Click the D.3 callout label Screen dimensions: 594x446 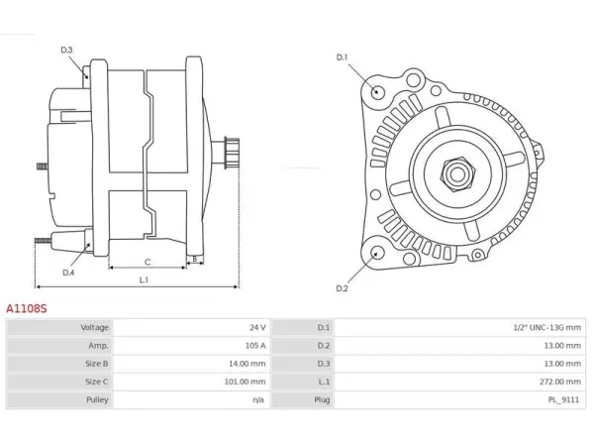pyautogui.click(x=66, y=51)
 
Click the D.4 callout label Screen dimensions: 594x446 pyautogui.click(x=68, y=273)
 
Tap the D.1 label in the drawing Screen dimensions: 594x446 pyautogui.click(x=342, y=57)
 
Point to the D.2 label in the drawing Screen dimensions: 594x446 pyautogui.click(x=342, y=288)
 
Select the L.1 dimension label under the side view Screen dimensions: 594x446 pyautogui.click(x=144, y=279)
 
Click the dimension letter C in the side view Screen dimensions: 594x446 pyautogui.click(x=148, y=262)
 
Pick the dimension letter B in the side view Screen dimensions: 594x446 pyautogui.click(x=195, y=260)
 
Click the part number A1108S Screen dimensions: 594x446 pyautogui.click(x=27, y=308)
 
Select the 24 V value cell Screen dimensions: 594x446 pyautogui.click(x=257, y=328)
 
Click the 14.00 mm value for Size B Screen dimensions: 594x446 pyautogui.click(x=247, y=364)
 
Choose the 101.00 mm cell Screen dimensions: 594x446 pyautogui.click(x=246, y=382)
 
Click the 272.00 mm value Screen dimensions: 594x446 pyautogui.click(x=560, y=382)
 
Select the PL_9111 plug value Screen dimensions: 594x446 pyautogui.click(x=563, y=399)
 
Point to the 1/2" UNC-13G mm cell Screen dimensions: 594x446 pyautogui.click(x=547, y=328)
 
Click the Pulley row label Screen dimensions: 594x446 pyautogui.click(x=97, y=399)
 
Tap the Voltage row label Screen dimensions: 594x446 pyautogui.click(x=95, y=328)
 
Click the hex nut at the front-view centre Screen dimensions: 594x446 pyautogui.click(x=457, y=174)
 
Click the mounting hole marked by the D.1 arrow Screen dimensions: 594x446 pyautogui.click(x=376, y=92)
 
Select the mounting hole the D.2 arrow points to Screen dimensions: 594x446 pyautogui.click(x=376, y=254)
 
